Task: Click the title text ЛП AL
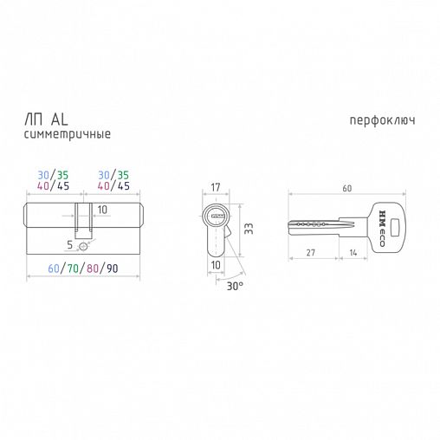click(46, 120)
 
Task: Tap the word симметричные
click(68, 134)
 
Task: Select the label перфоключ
click(382, 120)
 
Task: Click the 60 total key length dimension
click(347, 188)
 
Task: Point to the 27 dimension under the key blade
click(311, 253)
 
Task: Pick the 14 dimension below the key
click(353, 253)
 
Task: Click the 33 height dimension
click(249, 229)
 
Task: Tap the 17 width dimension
click(216, 187)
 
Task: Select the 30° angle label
click(235, 286)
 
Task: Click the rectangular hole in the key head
click(395, 226)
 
